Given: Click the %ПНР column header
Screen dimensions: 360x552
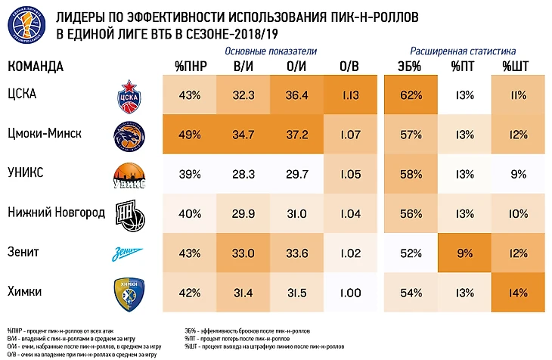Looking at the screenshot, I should tap(190, 67).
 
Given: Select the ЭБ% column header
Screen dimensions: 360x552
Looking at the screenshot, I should tap(410, 67).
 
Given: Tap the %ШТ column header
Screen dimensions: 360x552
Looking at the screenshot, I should tap(516, 67).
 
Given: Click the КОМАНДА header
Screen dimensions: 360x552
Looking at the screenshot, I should tap(36, 67).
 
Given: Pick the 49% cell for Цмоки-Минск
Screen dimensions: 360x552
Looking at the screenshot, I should tap(190, 135).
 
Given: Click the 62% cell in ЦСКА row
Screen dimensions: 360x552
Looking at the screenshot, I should tap(410, 95).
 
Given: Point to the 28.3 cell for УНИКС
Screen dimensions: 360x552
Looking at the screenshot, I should tap(243, 174).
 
